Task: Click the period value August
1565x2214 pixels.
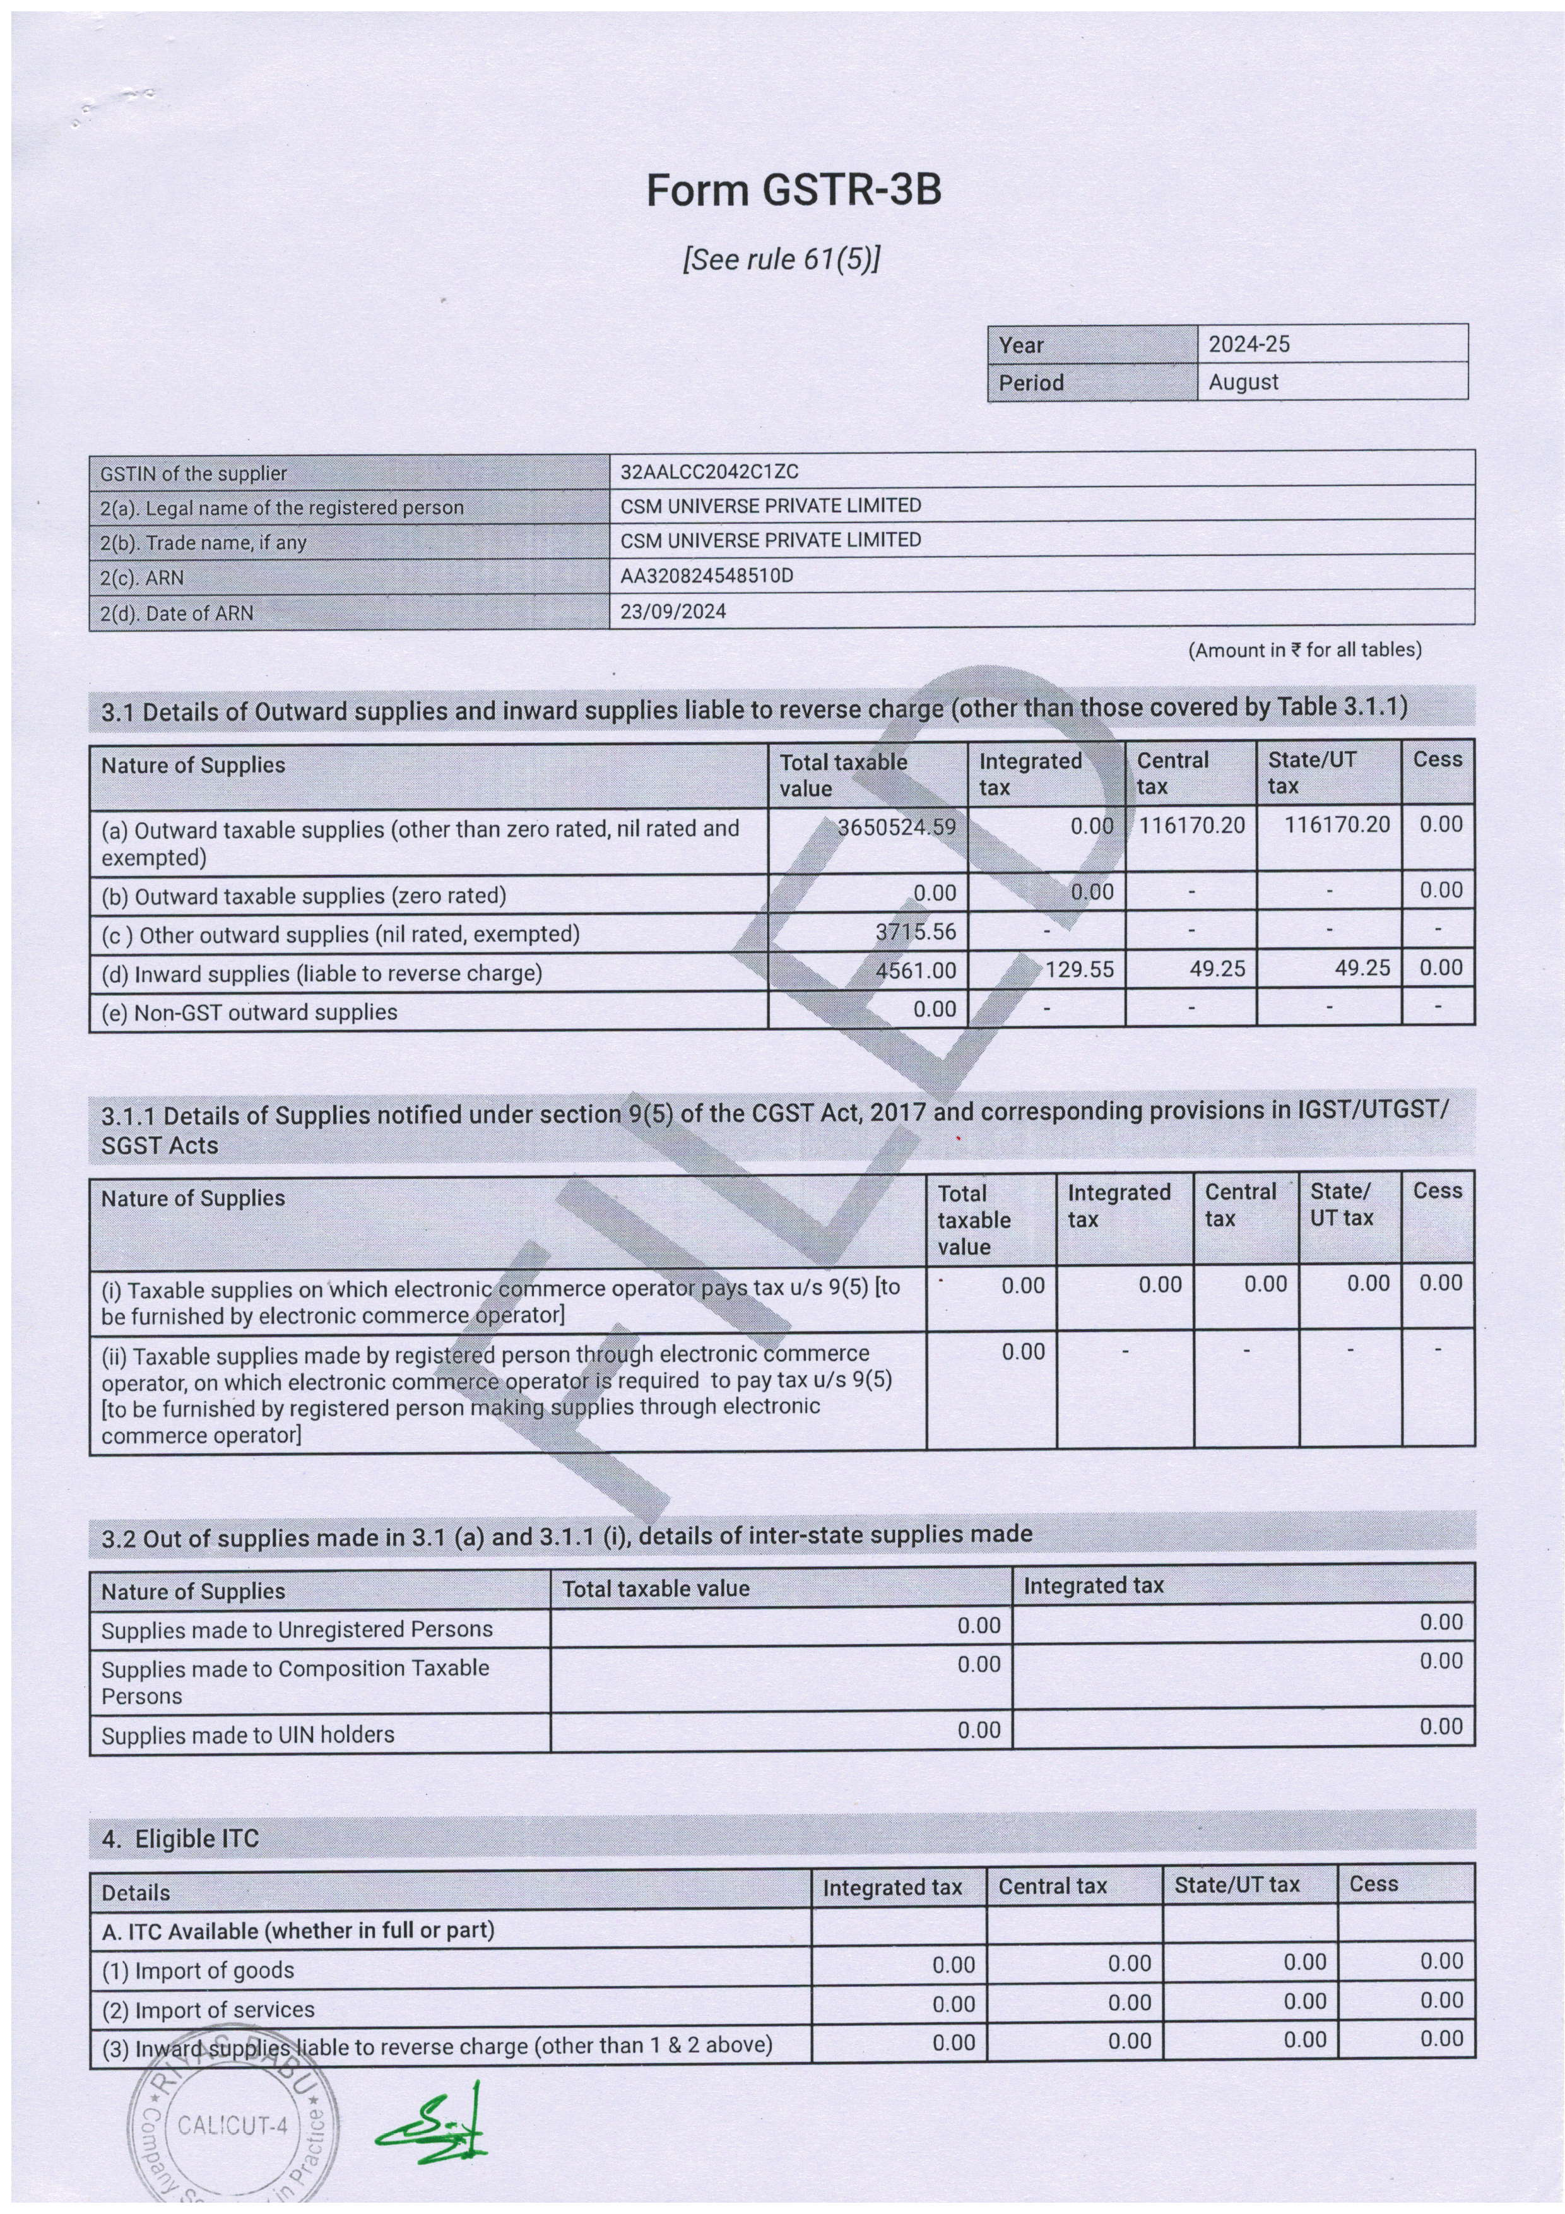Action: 1243,382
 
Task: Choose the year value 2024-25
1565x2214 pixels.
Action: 1249,344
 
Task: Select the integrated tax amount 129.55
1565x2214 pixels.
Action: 1079,969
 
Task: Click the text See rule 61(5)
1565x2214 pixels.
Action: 781,259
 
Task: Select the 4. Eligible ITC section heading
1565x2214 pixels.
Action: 180,1839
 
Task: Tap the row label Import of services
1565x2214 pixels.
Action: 208,2010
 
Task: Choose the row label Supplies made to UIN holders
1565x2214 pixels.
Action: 248,1735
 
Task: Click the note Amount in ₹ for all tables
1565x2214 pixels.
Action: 1304,650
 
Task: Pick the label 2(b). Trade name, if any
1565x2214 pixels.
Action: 203,542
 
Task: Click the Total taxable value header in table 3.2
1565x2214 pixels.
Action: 656,1588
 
